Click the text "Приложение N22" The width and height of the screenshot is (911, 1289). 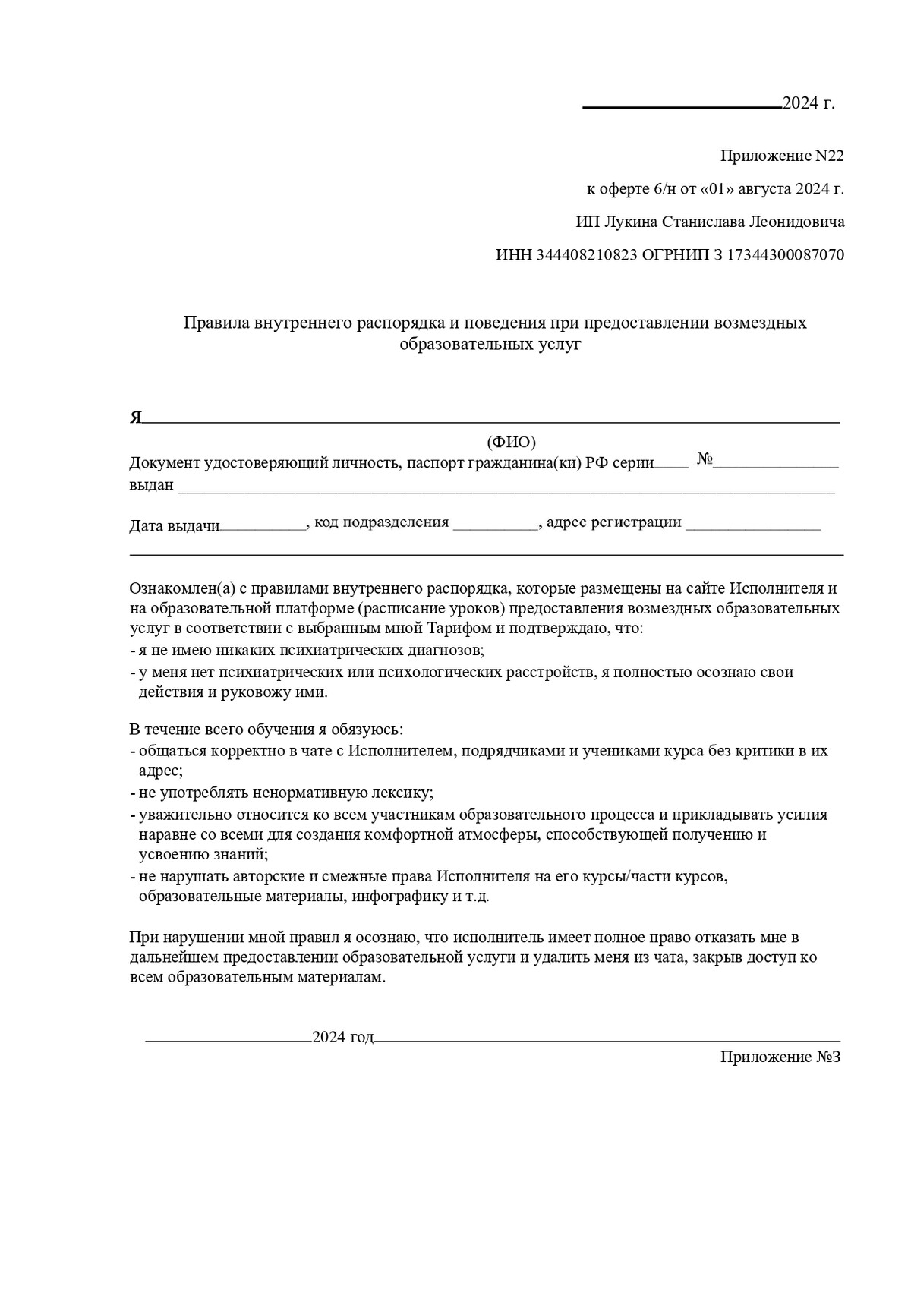tap(781, 156)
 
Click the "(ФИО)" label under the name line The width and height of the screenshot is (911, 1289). tap(511, 442)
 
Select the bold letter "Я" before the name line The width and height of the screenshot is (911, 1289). tap(136, 418)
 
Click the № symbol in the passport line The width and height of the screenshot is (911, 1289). tap(704, 459)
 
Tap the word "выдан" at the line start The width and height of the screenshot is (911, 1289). tap(151, 484)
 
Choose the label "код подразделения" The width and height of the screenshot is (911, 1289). tap(381, 522)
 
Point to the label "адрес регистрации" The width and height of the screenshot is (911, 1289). tap(613, 522)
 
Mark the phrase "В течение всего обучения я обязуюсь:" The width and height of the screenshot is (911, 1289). tap(266, 730)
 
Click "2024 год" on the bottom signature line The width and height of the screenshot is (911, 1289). tap(342, 1037)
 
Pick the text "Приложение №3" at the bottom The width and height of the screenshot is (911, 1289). tap(780, 1057)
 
